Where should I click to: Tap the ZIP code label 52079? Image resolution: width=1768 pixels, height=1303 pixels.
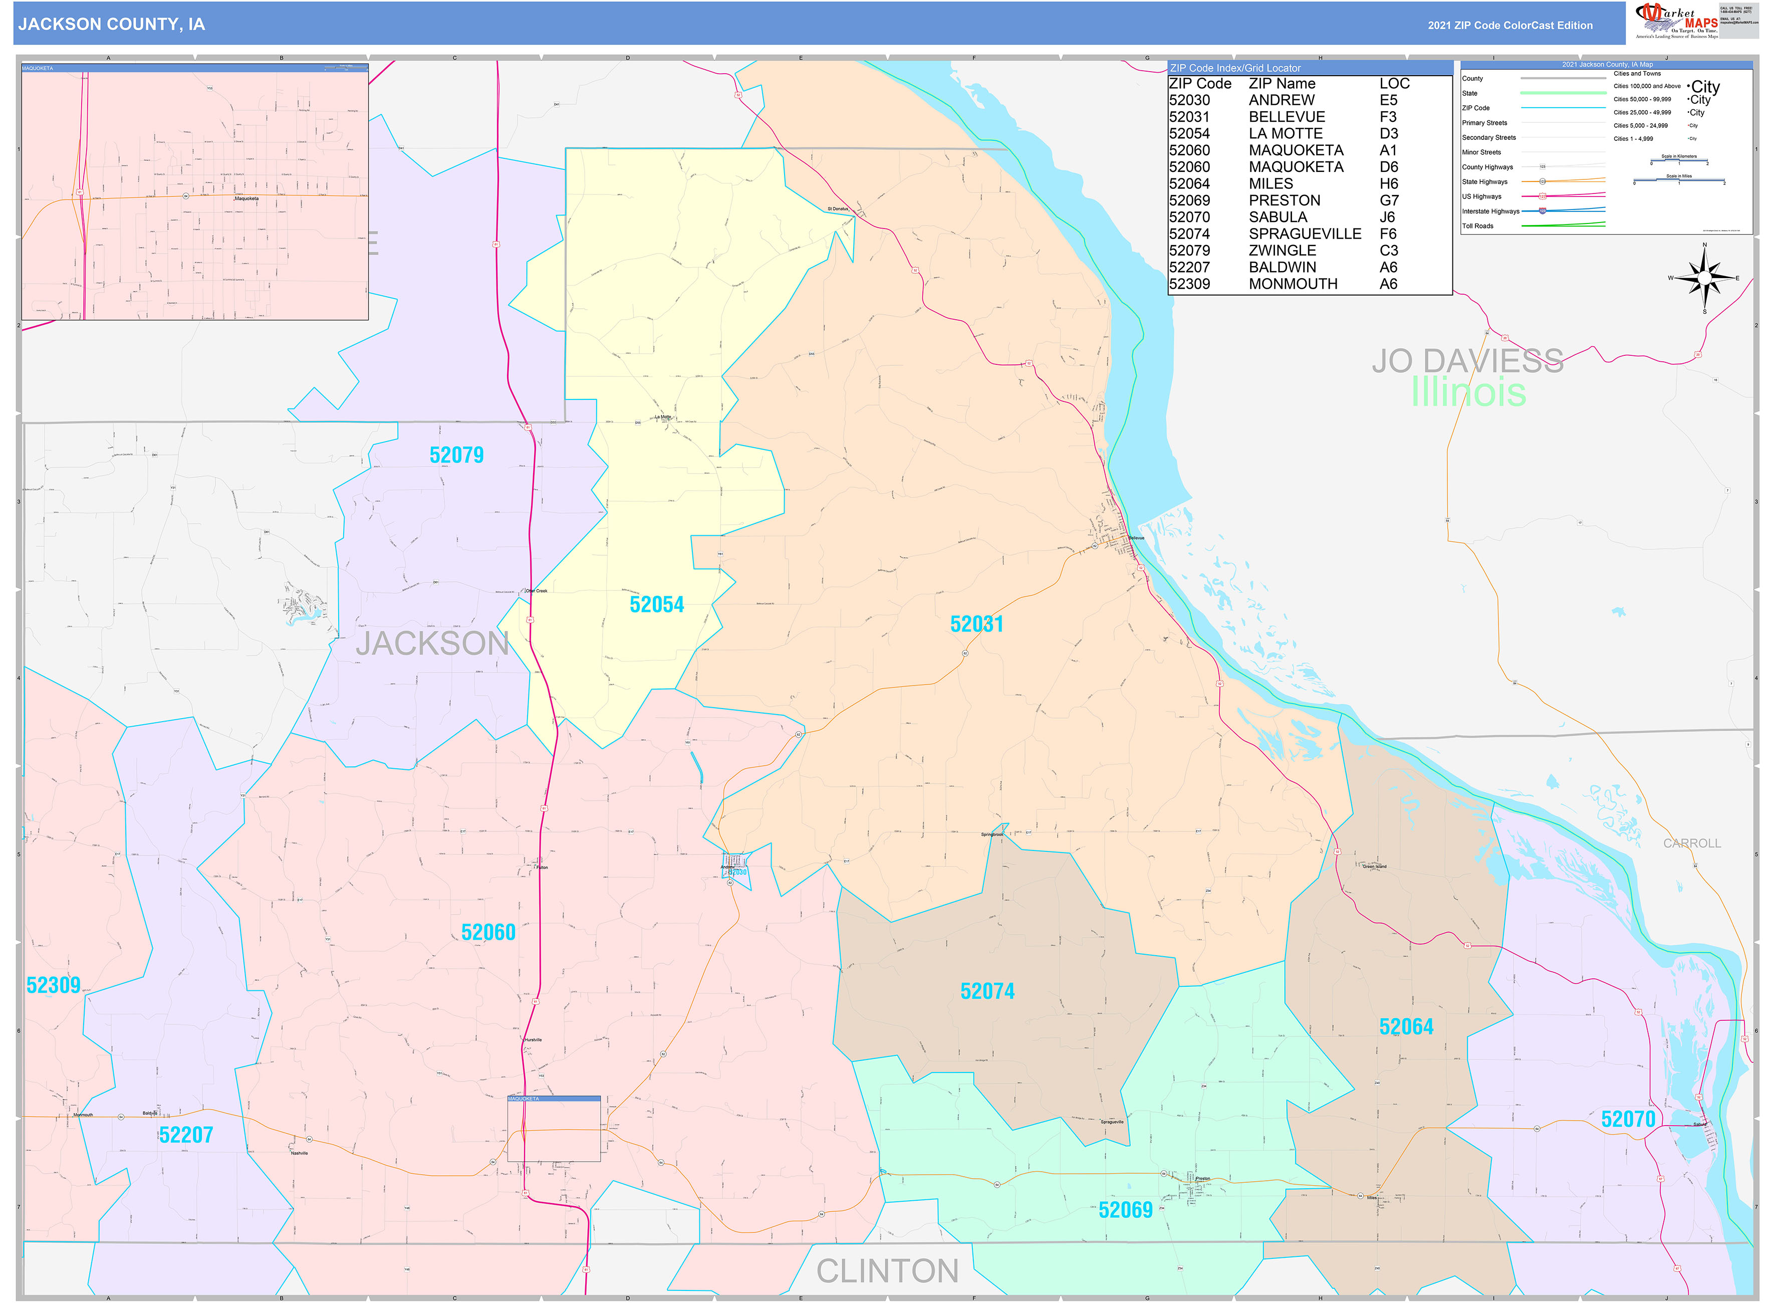(x=456, y=455)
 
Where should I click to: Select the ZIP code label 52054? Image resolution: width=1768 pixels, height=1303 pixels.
(x=656, y=605)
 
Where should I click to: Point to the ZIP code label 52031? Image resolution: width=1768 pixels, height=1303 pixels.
(x=976, y=624)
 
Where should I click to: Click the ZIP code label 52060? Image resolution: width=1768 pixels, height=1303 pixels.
(x=488, y=932)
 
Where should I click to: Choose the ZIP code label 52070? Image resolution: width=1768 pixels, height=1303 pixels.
(x=1628, y=1119)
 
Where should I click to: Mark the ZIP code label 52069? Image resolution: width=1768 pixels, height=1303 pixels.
(x=1125, y=1210)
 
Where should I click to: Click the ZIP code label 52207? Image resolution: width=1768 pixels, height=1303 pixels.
(x=186, y=1135)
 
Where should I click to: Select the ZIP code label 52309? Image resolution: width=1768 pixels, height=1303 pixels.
(x=54, y=985)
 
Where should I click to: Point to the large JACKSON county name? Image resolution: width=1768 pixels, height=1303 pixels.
(x=432, y=643)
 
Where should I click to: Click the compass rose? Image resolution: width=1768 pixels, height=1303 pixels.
(x=1703, y=278)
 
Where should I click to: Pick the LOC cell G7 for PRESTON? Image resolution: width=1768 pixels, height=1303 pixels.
(x=1389, y=200)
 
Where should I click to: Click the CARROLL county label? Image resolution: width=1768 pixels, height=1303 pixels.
(x=1691, y=843)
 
